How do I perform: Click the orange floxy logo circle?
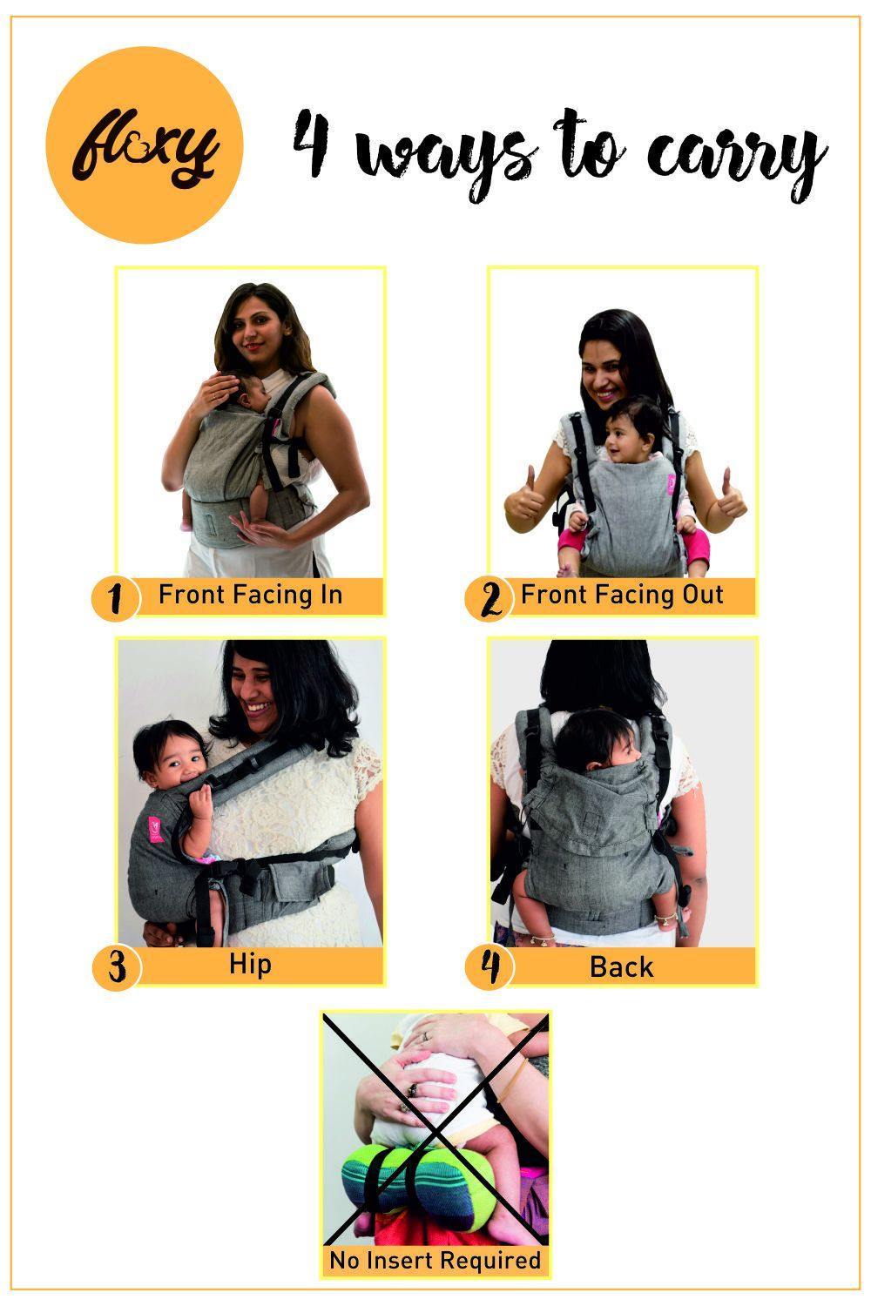click(145, 145)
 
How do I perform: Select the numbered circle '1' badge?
click(115, 599)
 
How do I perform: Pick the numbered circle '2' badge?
click(489, 600)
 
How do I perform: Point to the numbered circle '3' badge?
click(115, 967)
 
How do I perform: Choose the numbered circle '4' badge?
click(489, 967)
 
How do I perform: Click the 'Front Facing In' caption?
click(250, 596)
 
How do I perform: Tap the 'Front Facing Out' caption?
click(622, 596)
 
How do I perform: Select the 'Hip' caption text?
click(250, 965)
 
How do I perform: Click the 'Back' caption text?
click(621, 966)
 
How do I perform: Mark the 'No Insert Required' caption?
click(435, 1260)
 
